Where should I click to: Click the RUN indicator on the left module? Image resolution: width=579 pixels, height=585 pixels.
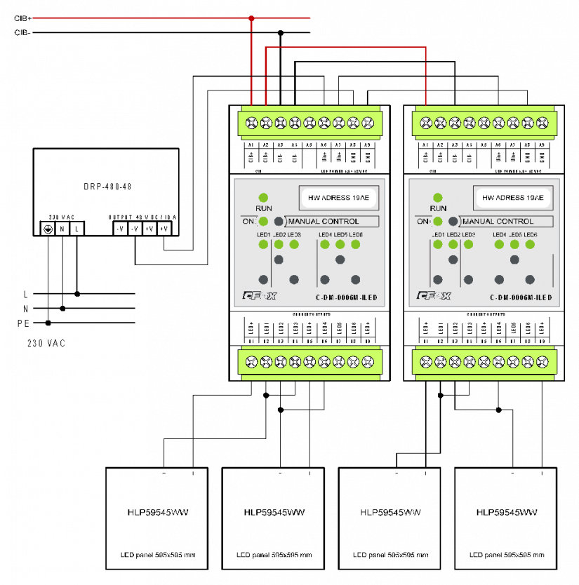point(263,198)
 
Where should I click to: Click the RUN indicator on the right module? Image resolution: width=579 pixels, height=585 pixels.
point(437,198)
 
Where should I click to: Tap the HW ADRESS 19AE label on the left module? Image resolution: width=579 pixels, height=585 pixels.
point(339,198)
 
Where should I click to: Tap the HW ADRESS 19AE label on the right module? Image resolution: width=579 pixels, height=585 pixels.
point(513,198)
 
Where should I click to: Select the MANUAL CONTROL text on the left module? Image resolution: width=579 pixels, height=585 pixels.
point(324,222)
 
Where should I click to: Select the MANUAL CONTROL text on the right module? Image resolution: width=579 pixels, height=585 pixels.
point(498,222)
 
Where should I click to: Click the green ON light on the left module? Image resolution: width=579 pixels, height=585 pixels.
point(263,222)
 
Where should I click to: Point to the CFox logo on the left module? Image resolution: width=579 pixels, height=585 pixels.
point(260,296)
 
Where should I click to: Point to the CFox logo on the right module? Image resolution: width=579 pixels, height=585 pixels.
point(434,296)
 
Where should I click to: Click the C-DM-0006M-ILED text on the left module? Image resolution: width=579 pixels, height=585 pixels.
point(346,298)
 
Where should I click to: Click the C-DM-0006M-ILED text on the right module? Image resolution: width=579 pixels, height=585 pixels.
point(520,298)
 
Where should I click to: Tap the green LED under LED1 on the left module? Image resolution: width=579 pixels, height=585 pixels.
point(263,244)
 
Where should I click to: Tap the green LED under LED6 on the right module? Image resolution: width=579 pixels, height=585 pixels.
point(530,244)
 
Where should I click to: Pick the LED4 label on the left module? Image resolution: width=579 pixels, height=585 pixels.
point(325,234)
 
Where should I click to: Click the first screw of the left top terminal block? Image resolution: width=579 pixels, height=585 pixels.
point(251,123)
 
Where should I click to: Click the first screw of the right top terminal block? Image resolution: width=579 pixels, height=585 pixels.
point(425,123)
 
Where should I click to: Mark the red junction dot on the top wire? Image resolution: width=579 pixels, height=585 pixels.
point(251,18)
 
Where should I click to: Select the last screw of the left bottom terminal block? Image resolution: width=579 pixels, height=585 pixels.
point(368,362)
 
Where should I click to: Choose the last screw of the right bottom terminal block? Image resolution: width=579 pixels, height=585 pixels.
point(542,362)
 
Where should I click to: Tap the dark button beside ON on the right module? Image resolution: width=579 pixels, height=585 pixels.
point(453,222)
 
